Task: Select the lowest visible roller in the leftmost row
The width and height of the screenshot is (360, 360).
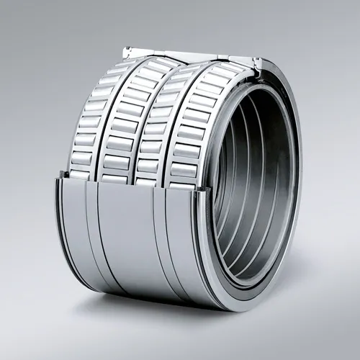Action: point(78,174)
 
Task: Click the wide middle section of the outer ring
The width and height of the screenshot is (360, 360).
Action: point(124,238)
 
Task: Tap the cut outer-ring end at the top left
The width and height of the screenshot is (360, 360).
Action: point(128,51)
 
